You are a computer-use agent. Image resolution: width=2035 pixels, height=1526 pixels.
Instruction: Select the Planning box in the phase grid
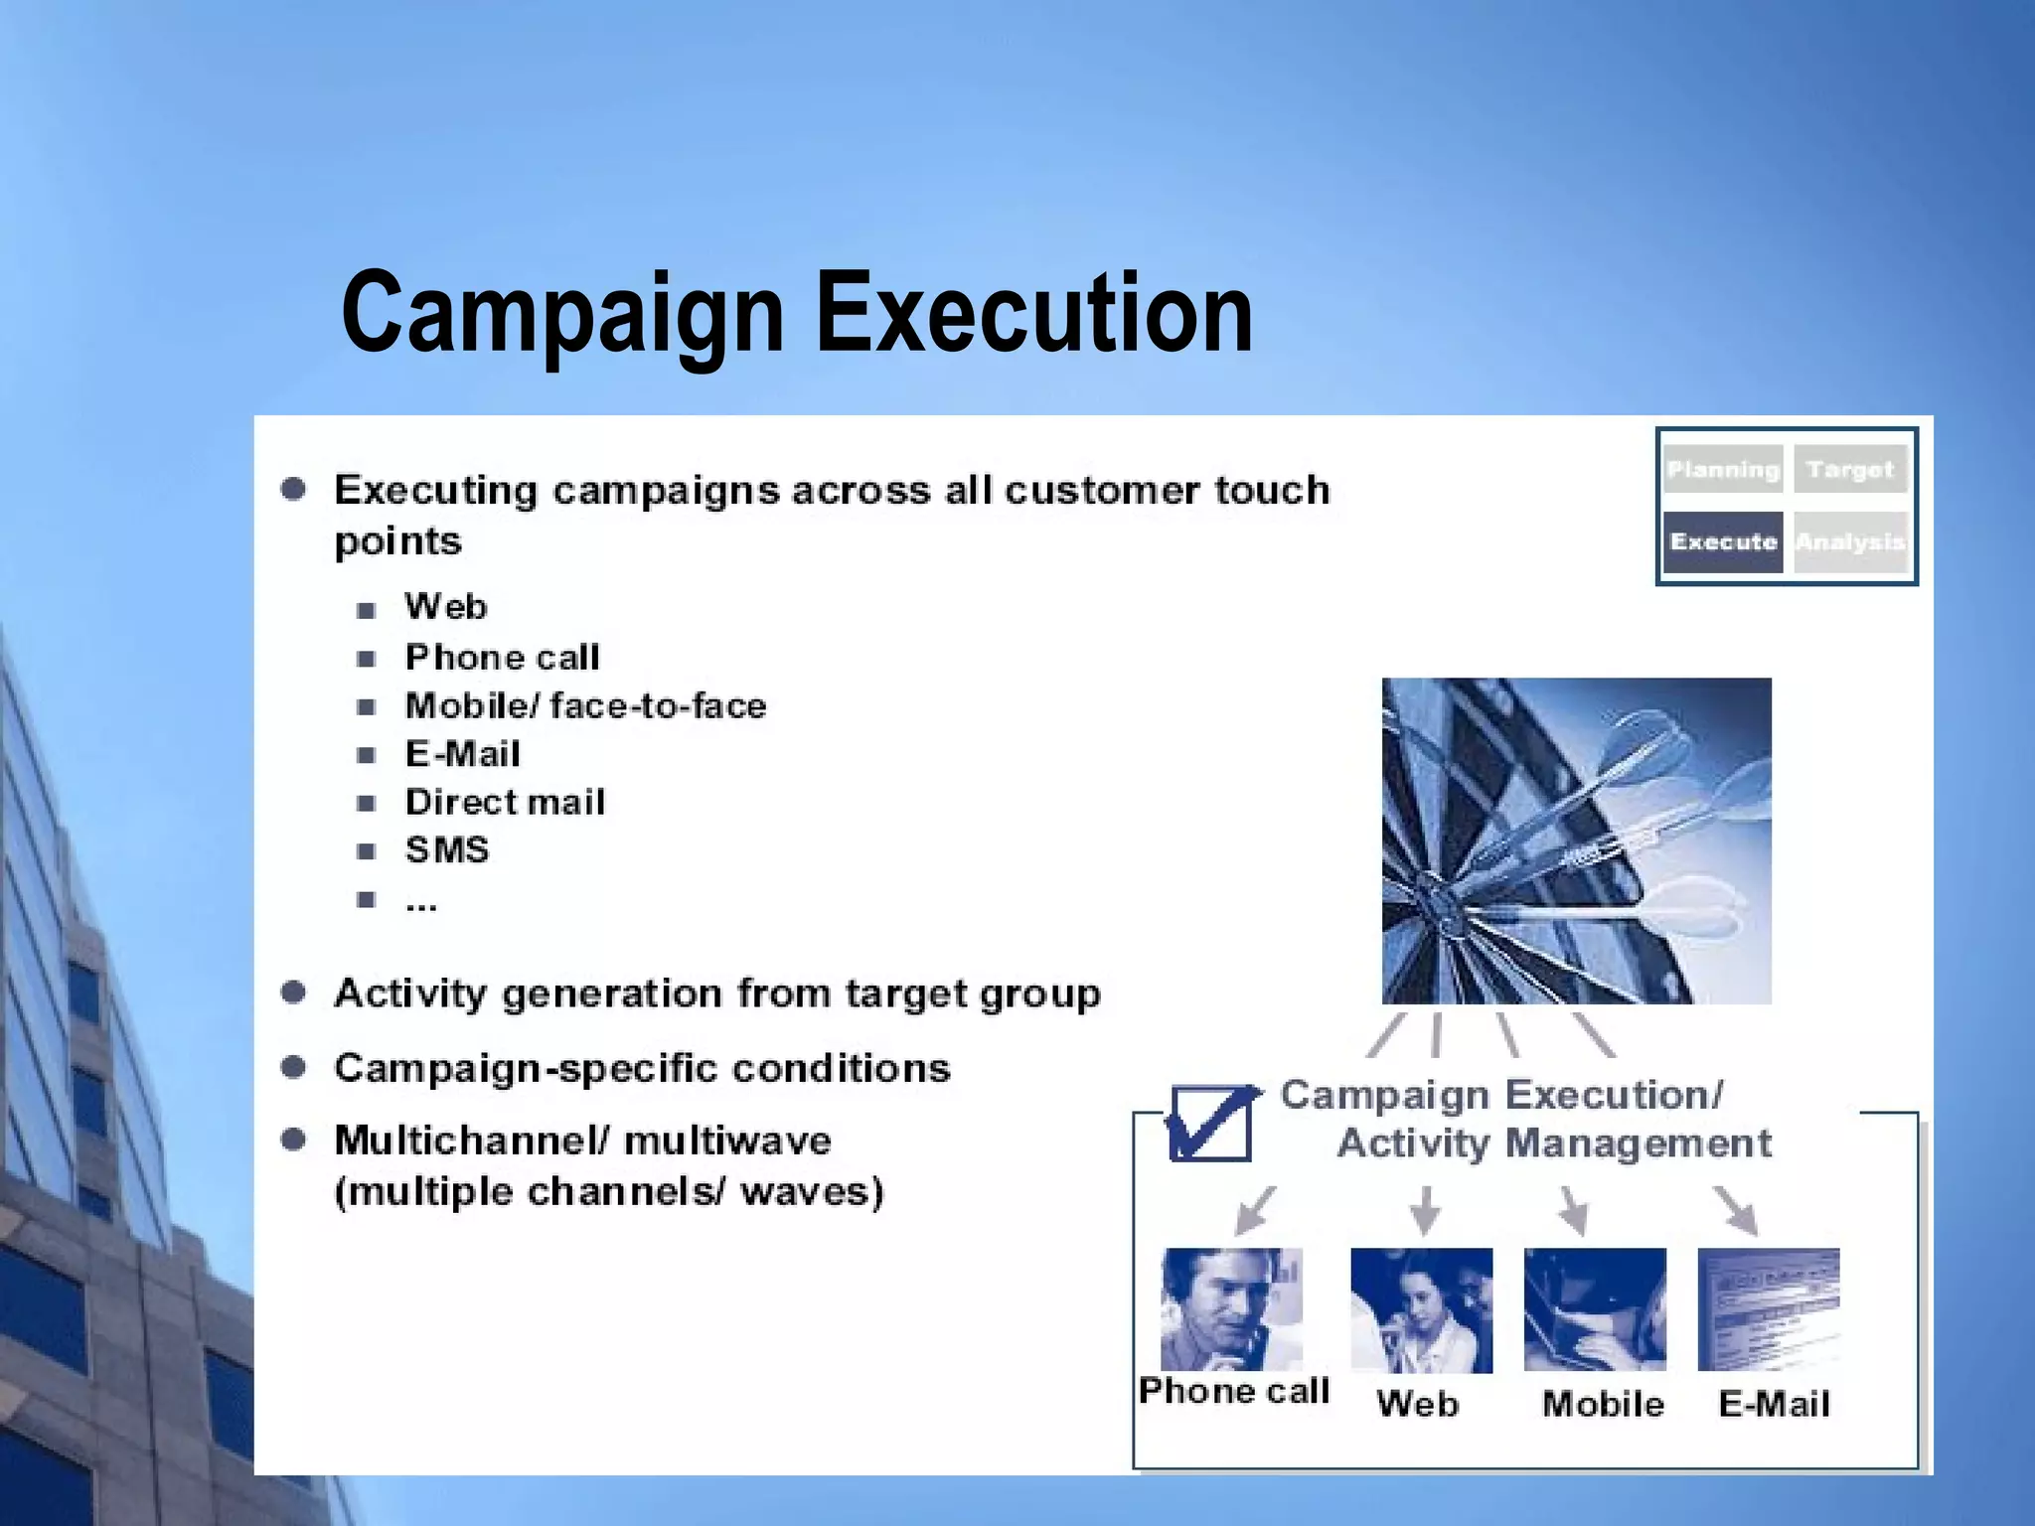1723,470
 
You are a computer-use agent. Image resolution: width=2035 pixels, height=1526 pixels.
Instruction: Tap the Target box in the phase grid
1850,470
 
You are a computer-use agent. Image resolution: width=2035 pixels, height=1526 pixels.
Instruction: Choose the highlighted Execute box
1723,541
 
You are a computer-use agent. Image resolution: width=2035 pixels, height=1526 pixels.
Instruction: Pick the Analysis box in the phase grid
1850,541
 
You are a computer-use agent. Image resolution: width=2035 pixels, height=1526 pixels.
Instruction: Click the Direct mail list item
505,802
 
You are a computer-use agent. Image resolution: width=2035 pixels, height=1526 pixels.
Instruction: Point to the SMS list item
447,850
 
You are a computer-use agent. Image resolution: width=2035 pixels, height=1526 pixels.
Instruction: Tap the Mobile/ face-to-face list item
585,705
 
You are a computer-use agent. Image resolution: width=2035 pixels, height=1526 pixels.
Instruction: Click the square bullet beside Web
366,610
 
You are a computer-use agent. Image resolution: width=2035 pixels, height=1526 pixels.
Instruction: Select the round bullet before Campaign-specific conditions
293,1067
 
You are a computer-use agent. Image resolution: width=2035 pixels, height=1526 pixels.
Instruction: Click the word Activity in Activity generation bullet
409,993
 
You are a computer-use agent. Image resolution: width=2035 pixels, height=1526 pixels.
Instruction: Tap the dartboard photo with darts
1576,840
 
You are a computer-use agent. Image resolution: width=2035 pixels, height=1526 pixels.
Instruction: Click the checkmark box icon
1211,1123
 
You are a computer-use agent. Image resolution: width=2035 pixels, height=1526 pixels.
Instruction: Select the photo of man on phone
1231,1308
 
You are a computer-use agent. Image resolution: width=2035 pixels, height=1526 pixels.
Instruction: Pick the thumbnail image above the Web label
1421,1310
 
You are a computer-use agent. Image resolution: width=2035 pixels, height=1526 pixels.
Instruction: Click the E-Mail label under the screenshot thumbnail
1774,1404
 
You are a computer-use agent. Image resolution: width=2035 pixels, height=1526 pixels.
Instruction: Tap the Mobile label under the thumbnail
1603,1404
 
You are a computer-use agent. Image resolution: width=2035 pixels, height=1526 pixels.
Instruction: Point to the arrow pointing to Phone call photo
1254,1209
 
